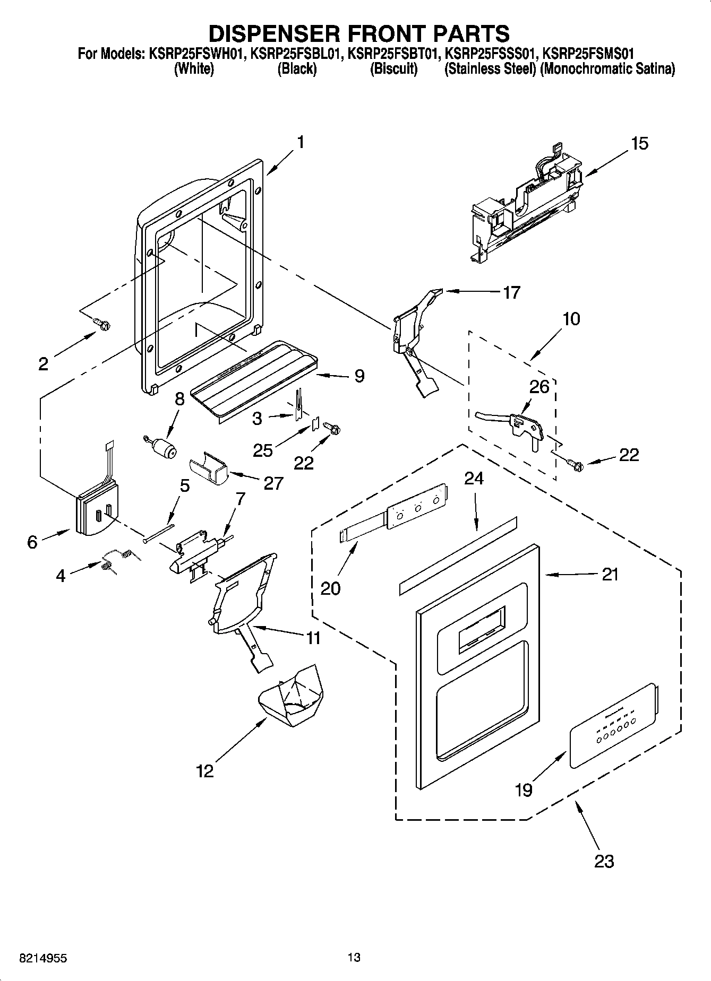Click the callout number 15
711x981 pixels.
click(x=640, y=143)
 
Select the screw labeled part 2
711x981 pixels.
click(x=102, y=324)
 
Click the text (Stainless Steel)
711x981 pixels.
click(x=490, y=69)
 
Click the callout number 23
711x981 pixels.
click(x=604, y=861)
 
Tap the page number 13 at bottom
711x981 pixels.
click(x=354, y=957)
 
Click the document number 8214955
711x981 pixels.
click(x=43, y=958)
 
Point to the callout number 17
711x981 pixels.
click(x=511, y=292)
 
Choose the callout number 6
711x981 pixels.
click(x=32, y=542)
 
